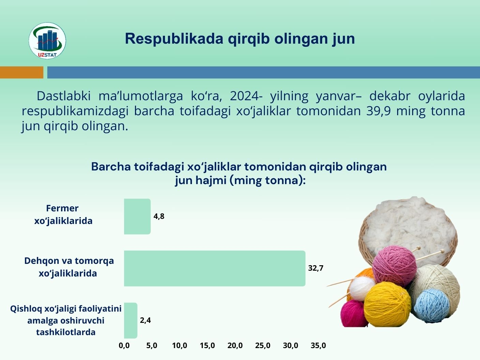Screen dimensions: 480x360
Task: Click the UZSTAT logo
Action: [x=47, y=41]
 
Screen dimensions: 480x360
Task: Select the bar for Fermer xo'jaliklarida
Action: [x=137, y=216]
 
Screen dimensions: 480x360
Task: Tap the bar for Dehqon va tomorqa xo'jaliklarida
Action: [x=215, y=268]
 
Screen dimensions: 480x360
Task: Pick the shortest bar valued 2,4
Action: [x=131, y=320]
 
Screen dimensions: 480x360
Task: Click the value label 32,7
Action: [x=316, y=268]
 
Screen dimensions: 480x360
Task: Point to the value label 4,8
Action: [x=159, y=216]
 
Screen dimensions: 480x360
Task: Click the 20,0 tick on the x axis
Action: [x=235, y=345]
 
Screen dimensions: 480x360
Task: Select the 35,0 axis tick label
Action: [x=318, y=345]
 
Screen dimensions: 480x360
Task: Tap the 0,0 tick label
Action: [x=124, y=345]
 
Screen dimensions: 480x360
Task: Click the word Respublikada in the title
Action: [x=174, y=39]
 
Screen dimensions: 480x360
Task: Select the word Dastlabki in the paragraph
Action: [x=64, y=96]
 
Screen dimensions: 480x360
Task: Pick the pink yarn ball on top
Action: [x=394, y=266]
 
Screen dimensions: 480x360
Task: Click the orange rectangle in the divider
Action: [x=22, y=72]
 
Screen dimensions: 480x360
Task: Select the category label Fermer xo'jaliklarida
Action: [x=63, y=214]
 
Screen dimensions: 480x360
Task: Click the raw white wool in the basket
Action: [x=408, y=225]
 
